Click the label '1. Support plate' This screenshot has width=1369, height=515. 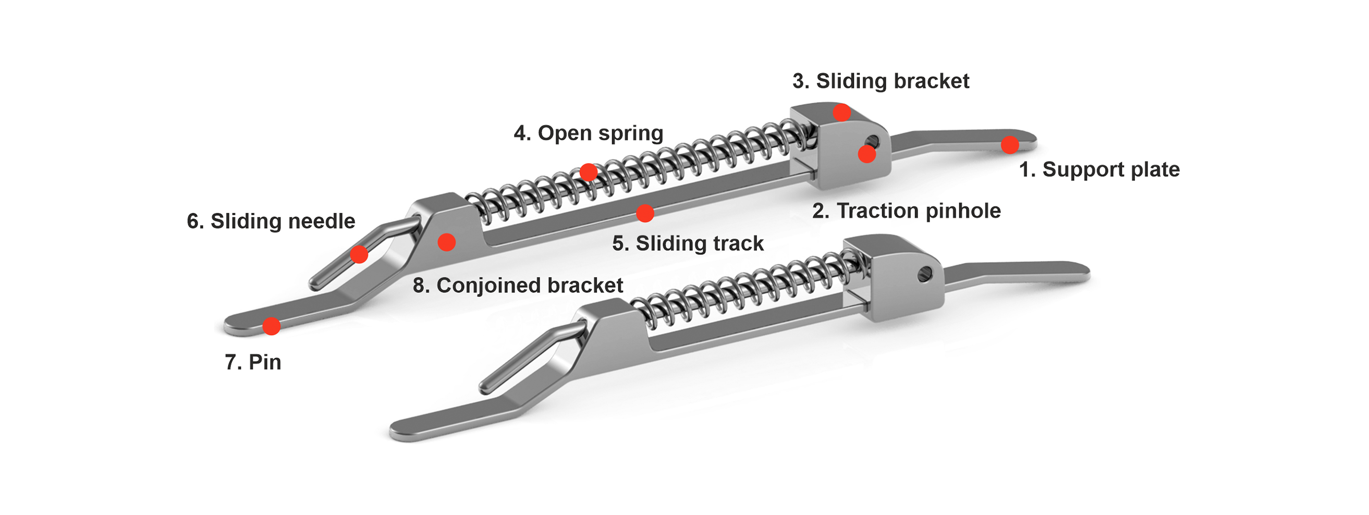pos(1099,169)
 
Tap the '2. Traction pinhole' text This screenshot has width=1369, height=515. pos(906,211)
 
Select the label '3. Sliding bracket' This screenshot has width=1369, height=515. pos(881,81)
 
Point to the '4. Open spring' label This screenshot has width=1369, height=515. pos(588,133)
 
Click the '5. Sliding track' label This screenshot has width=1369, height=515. pos(688,243)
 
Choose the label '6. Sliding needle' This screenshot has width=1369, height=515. pos(271,221)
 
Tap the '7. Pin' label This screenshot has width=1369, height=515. pos(253,362)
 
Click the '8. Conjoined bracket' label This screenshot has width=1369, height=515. pos(518,286)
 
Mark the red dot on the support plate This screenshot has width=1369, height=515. pos(1010,144)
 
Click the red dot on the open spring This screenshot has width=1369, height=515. pos(588,172)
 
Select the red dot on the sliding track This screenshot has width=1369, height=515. pos(645,213)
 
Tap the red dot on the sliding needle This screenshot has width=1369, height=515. pos(359,254)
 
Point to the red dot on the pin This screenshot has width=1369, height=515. pos(272,326)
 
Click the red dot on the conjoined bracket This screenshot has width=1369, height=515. pos(446,242)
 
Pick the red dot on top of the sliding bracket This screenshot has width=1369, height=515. pos(842,113)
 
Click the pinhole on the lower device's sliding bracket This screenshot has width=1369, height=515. pos(925,274)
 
